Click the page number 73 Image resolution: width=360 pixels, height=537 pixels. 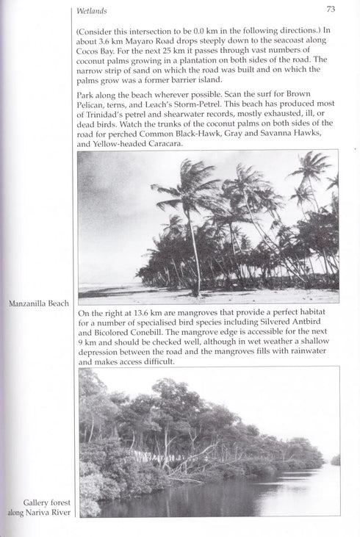(331, 10)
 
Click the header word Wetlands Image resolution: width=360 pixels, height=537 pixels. (91, 11)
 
